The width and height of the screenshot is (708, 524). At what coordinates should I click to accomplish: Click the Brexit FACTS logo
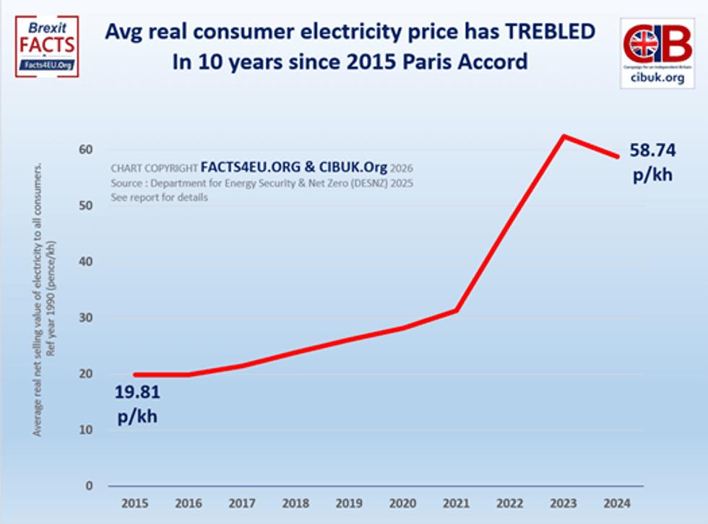pos(47,47)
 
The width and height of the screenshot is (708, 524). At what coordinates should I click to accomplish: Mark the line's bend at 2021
pos(457,310)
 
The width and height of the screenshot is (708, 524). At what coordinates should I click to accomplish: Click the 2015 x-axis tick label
pos(135,503)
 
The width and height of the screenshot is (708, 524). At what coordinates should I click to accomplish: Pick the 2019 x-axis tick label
pos(350,503)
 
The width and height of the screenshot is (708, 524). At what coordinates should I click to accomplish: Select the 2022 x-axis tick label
pos(511,503)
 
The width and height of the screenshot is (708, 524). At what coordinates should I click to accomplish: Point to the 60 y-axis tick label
pos(87,149)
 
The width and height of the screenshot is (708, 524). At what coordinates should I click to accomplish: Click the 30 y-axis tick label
pos(87,318)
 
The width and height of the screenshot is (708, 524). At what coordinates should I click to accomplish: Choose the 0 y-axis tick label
pos(90,486)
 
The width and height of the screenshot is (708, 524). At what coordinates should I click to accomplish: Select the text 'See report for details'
pos(160,198)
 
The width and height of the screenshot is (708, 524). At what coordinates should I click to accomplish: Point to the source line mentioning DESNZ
pos(262,183)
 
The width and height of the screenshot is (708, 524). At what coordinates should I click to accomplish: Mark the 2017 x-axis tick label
pos(242,503)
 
